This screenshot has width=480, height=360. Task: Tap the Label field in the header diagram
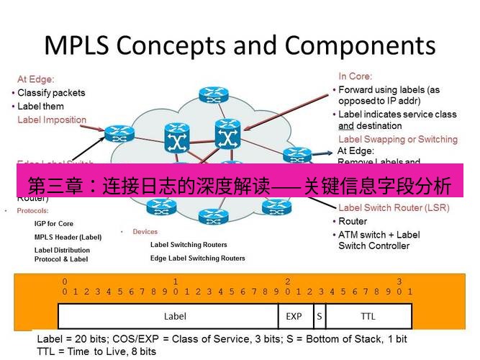[x=175, y=315]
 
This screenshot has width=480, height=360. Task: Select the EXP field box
[x=294, y=315]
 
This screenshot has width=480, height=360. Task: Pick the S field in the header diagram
[x=319, y=315]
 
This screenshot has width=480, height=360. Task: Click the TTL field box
[x=368, y=315]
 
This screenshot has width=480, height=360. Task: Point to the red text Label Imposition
[x=52, y=120]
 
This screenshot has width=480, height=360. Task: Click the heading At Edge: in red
[x=36, y=79]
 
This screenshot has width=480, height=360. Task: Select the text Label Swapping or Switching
[x=397, y=139]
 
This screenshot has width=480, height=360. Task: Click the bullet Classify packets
[x=51, y=93]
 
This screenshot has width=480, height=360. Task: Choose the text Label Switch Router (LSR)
[x=394, y=208]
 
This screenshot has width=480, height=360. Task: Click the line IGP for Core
[x=54, y=224]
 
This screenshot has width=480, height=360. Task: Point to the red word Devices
[x=145, y=232]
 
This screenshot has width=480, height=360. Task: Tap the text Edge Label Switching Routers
[x=197, y=258]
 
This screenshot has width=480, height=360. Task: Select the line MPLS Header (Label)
[x=68, y=237]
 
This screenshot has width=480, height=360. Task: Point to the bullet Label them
[x=40, y=107]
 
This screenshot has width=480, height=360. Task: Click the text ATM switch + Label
[x=379, y=235]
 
